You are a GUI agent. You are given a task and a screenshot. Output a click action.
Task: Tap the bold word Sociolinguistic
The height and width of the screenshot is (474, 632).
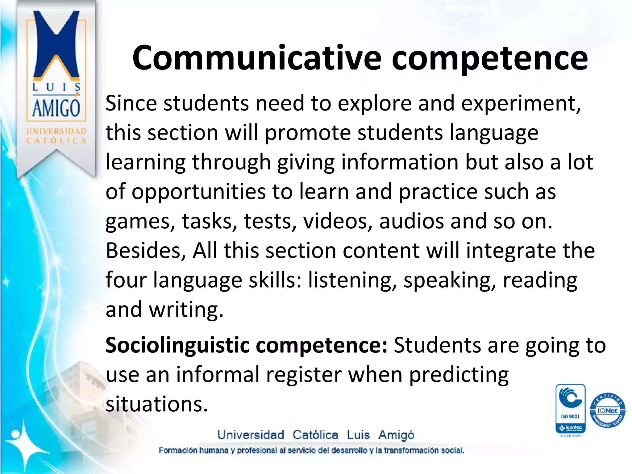coord(177,345)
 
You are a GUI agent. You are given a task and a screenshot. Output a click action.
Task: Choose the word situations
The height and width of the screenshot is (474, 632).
coord(157,404)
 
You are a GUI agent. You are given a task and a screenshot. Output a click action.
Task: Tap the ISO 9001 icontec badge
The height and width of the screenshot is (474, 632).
coord(570,409)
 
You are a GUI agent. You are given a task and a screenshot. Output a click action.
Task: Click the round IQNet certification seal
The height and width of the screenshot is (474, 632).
coord(607,411)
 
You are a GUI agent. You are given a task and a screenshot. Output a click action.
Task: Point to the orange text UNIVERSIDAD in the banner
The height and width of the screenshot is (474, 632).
coord(56,131)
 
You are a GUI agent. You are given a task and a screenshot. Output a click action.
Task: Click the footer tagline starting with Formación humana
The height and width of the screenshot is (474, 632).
coord(311,450)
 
